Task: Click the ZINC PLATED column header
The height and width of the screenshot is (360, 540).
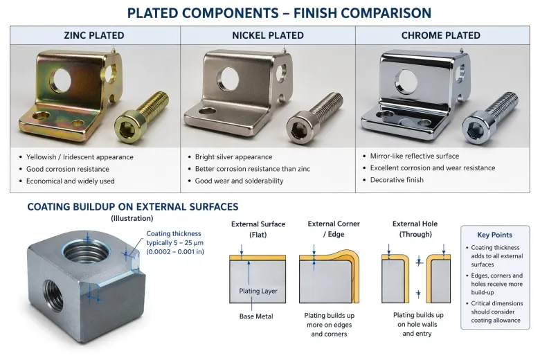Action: point(94,35)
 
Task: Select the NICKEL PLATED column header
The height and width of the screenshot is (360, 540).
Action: point(268,35)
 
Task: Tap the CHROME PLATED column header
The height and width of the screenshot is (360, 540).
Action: point(441,35)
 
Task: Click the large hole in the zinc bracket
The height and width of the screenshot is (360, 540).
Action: point(61,80)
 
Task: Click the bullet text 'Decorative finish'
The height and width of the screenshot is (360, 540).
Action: point(397,180)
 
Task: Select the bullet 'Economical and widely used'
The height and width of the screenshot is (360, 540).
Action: point(70,181)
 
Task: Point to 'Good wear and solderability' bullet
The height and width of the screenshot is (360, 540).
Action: point(239,181)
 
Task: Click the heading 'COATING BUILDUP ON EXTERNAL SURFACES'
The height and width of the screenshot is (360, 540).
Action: point(133,207)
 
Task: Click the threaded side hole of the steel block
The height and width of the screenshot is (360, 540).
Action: point(53,295)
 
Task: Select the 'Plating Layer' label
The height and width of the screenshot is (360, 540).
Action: point(258,291)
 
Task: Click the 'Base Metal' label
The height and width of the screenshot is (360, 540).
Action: point(256,316)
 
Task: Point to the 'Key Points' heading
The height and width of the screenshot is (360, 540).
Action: point(495,235)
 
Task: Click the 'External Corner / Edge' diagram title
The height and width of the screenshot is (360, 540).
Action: point(334,229)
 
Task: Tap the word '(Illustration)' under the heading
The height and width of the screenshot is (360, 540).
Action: point(132,218)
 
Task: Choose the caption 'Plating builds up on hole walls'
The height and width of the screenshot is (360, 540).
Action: point(418,320)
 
